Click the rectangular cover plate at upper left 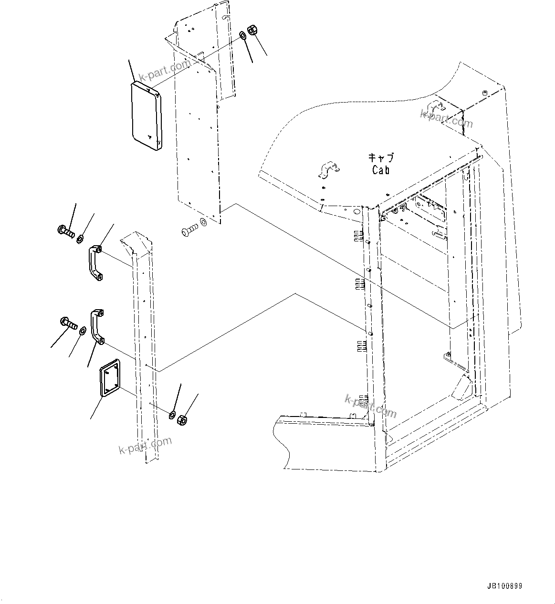(146, 114)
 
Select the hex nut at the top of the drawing (253, 30)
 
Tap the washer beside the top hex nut (242, 35)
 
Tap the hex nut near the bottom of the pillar (182, 420)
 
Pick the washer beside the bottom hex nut (172, 414)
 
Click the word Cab (380, 170)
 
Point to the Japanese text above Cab (381, 157)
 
